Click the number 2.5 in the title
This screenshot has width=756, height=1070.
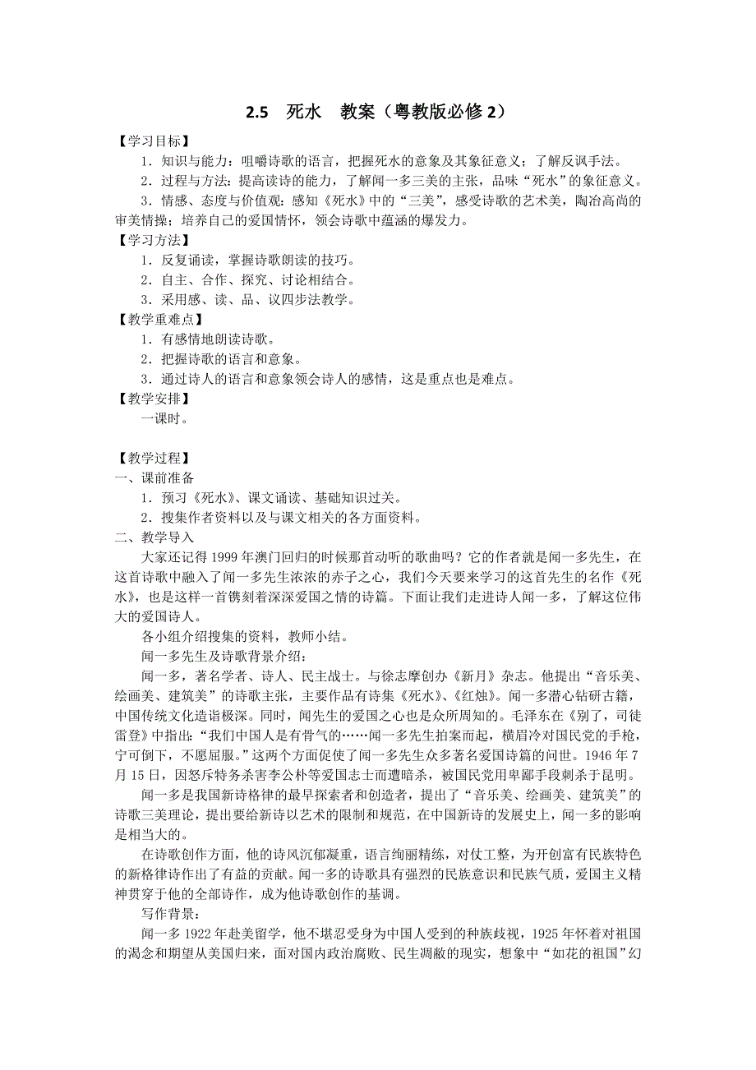point(257,113)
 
